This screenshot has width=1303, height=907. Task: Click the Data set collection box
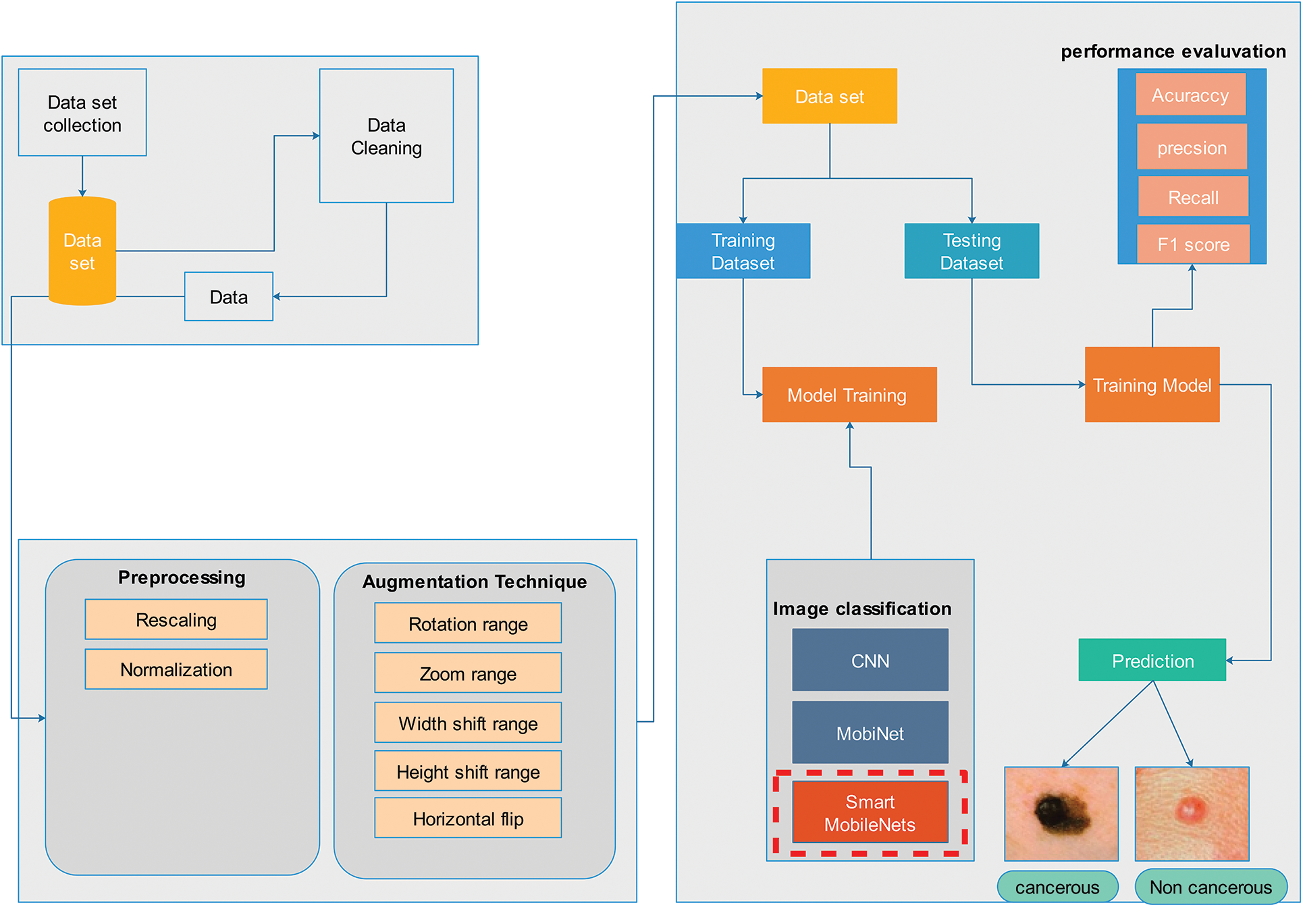coord(82,113)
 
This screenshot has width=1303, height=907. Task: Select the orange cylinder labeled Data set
coord(82,251)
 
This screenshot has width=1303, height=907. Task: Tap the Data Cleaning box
coord(386,136)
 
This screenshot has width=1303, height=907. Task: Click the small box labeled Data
coord(228,296)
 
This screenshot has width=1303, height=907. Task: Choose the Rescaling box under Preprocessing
coord(176,619)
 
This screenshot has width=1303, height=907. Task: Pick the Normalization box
coord(176,669)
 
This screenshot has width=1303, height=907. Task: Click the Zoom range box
coord(468,673)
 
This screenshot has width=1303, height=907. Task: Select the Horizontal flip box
coord(468,818)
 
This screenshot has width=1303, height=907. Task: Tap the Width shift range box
coord(468,723)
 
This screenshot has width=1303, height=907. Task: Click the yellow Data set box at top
coord(829,96)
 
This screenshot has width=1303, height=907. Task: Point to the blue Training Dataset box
coord(743,251)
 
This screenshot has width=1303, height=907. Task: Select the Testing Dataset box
coord(972,251)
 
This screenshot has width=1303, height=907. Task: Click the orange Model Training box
coord(849,395)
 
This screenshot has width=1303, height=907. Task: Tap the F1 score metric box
coord(1193,244)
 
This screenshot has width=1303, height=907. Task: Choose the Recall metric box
coord(1193,197)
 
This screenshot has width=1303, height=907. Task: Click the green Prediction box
coord(1152,660)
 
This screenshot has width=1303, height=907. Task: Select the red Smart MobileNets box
coord(870,812)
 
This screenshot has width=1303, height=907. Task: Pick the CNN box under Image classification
coord(870,660)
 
